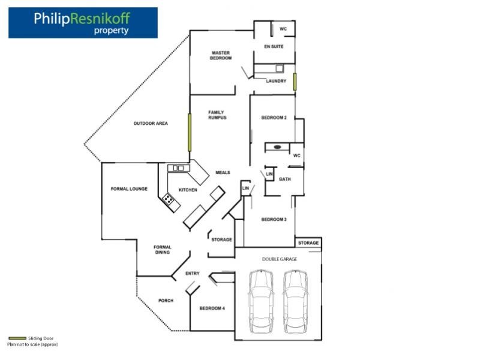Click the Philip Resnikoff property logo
click(x=83, y=23)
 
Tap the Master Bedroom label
click(x=221, y=55)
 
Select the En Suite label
click(x=274, y=47)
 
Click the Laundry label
click(x=276, y=81)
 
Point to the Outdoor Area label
click(x=150, y=124)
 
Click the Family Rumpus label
click(x=217, y=115)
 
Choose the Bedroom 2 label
click(x=274, y=118)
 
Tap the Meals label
click(x=223, y=172)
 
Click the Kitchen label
click(x=188, y=190)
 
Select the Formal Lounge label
click(x=129, y=189)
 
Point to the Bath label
click(x=285, y=179)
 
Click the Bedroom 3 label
click(x=274, y=220)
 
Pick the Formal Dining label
click(x=162, y=250)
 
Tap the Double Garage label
click(x=280, y=259)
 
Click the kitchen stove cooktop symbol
click(x=169, y=199)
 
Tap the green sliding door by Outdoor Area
click(x=190, y=133)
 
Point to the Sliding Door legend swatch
click(x=17, y=338)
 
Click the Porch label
click(x=166, y=301)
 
